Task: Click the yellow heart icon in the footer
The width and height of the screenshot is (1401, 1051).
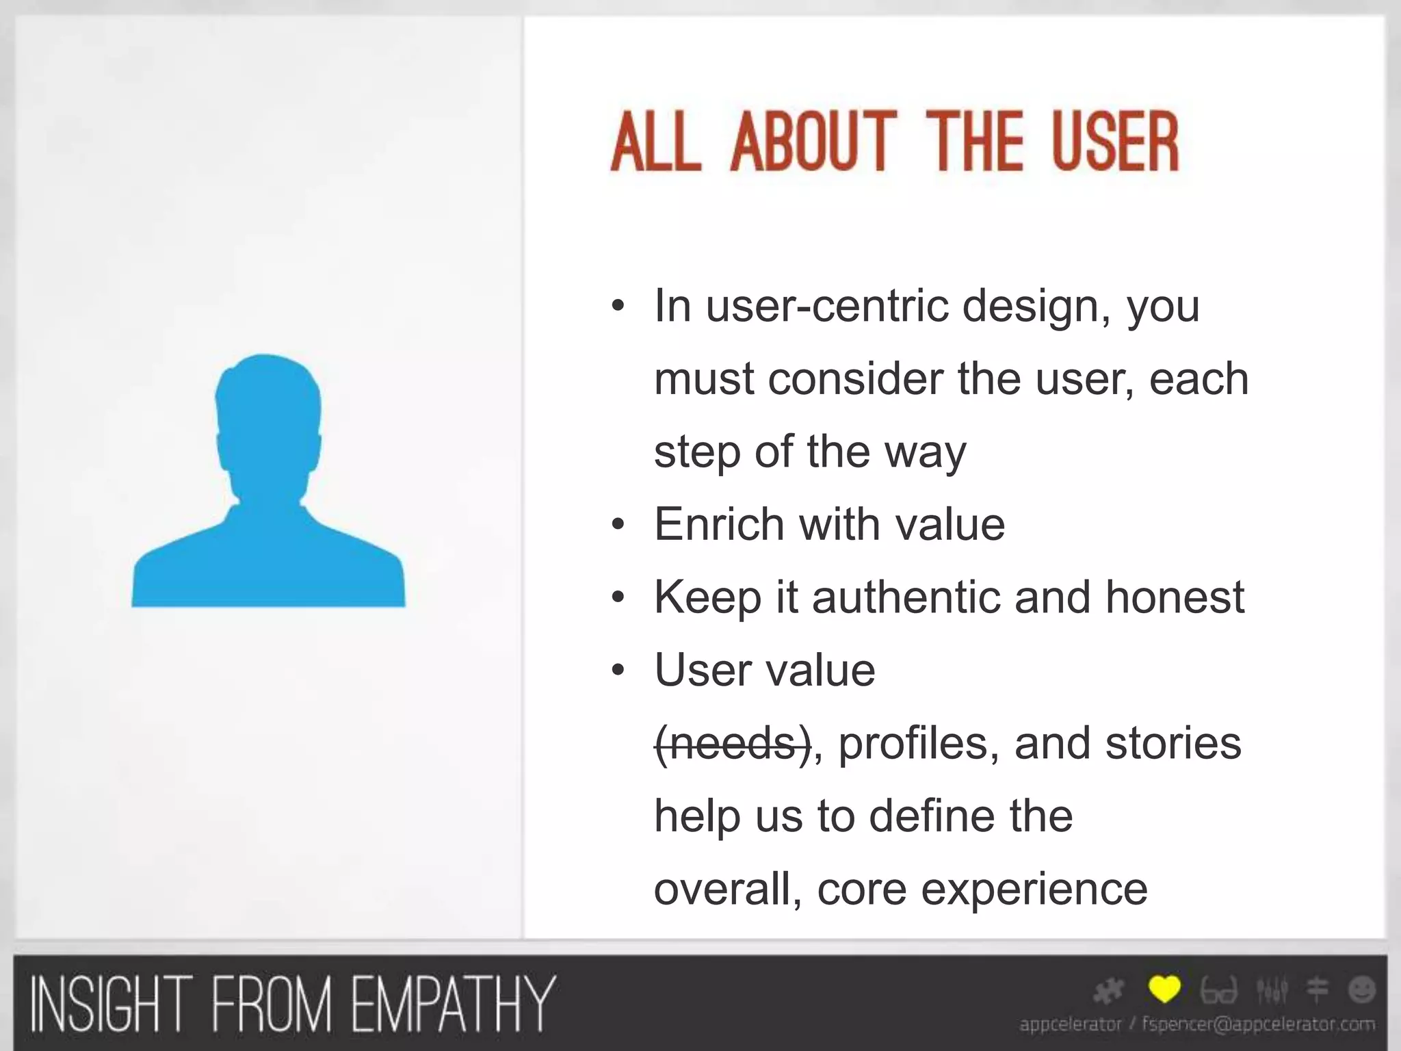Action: (1164, 989)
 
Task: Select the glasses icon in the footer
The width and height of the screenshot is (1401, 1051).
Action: (1219, 990)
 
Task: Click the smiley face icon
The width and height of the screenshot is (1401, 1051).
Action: (1361, 989)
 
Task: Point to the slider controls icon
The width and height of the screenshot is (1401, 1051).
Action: (1272, 990)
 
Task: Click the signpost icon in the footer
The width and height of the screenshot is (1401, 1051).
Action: (1317, 990)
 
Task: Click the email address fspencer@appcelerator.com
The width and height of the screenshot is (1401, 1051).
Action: (1259, 1024)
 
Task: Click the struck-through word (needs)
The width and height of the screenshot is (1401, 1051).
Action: (733, 744)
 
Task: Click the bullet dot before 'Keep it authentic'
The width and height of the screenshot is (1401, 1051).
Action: (618, 598)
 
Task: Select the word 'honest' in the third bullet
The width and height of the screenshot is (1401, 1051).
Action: (1175, 597)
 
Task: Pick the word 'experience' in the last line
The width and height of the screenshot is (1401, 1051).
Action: (1034, 890)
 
